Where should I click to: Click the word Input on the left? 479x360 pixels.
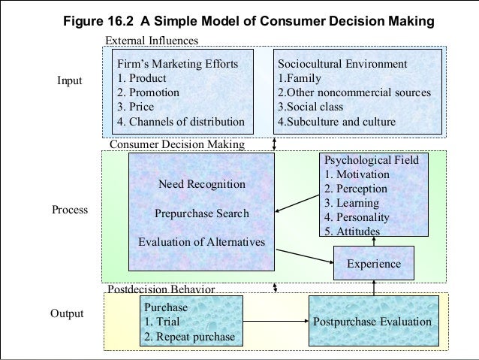(70, 81)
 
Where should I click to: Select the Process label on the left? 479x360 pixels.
(70, 210)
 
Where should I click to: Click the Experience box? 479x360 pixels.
(373, 264)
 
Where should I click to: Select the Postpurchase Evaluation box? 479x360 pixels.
(372, 322)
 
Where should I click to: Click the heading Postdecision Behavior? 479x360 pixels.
(162, 289)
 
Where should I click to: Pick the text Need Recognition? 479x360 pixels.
(202, 184)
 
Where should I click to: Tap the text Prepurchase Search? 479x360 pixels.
(201, 213)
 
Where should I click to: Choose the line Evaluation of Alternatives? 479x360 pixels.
(202, 242)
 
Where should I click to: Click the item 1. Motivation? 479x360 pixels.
(357, 174)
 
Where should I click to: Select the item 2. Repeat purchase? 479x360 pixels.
(189, 336)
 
